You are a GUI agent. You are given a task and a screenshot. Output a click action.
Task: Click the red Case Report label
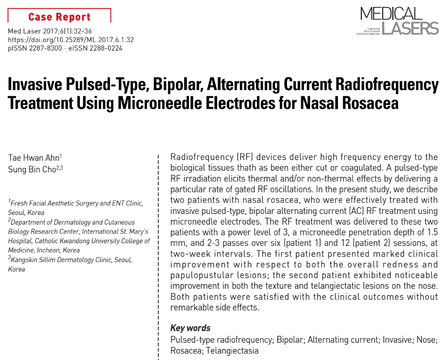pos(59,17)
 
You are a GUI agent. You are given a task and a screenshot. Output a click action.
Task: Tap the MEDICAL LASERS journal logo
pos(399,21)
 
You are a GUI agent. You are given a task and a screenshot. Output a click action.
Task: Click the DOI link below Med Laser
pos(70,40)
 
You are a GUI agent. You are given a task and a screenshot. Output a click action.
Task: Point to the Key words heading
pos(190,328)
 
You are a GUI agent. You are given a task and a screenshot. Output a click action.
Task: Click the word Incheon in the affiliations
pos(49,249)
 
